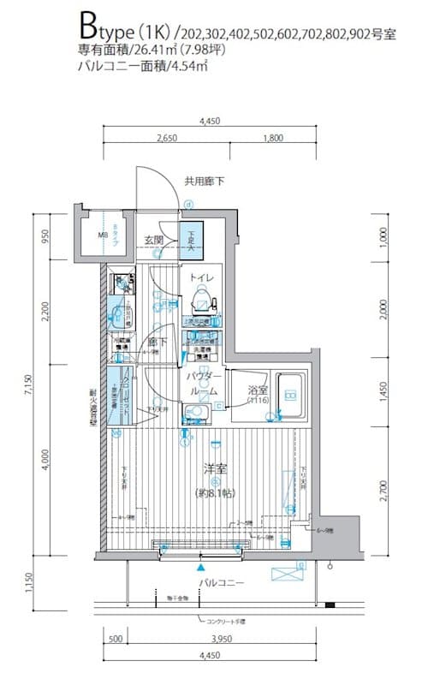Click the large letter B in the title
[x=88, y=21]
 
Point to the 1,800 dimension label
[x=273, y=138]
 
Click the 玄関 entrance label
[x=153, y=239]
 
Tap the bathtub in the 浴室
[x=289, y=395]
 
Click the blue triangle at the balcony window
[x=201, y=566]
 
